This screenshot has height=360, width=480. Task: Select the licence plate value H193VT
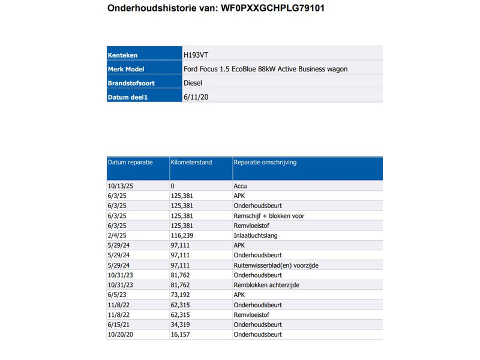(x=196, y=55)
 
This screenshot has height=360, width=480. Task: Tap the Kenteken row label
(x=122, y=55)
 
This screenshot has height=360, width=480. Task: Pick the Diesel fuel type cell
(x=193, y=83)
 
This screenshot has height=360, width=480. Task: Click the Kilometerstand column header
(x=191, y=162)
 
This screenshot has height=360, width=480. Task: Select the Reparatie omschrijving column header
(x=265, y=162)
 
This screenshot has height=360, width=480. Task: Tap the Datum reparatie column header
(x=130, y=162)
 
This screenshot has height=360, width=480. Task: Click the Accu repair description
(x=239, y=186)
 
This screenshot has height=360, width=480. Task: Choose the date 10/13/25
(x=120, y=186)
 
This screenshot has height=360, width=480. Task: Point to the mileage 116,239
(x=182, y=236)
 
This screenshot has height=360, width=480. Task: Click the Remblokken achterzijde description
(x=266, y=285)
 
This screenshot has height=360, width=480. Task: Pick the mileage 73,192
(x=180, y=295)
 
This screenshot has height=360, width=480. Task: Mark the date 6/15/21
(x=118, y=325)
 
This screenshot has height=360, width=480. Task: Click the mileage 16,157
(x=180, y=334)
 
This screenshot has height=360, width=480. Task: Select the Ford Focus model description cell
(x=265, y=69)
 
